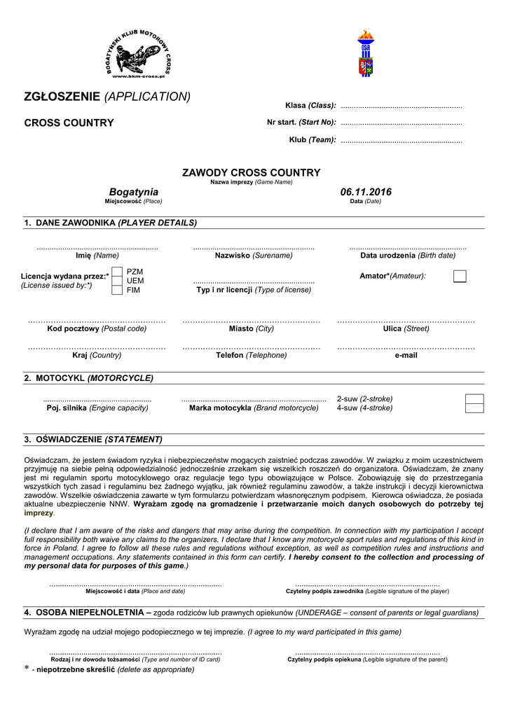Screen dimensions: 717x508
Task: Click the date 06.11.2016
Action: (x=366, y=192)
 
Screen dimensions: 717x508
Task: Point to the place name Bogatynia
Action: (x=134, y=192)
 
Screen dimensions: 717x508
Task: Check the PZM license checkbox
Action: (x=117, y=271)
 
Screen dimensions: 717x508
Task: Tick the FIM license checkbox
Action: (x=117, y=290)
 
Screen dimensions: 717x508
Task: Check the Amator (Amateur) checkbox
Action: (x=460, y=276)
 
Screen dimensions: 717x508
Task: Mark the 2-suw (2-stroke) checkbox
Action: (x=474, y=399)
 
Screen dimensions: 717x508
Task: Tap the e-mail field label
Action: (x=406, y=355)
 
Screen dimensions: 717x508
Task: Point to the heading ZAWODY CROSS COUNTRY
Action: (x=251, y=172)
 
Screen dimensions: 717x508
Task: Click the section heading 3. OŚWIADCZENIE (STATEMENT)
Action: (x=93, y=440)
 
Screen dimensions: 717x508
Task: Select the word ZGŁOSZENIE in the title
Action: (x=62, y=97)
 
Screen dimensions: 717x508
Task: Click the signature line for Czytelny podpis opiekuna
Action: (x=367, y=653)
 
